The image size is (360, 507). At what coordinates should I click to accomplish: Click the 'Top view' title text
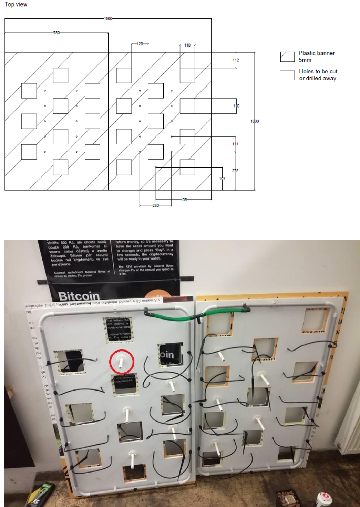[16, 4]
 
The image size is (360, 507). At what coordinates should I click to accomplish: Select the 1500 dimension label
[108, 18]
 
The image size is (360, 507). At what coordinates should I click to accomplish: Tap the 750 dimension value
[56, 33]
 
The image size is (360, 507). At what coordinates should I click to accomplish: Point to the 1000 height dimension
[255, 121]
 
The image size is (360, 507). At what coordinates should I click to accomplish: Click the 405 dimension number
[184, 200]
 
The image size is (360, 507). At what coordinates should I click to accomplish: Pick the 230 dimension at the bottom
[156, 206]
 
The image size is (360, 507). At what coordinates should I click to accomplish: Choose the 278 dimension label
[235, 171]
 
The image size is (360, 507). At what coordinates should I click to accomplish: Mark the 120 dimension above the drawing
[140, 44]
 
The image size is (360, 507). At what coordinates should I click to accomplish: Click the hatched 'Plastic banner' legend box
[287, 57]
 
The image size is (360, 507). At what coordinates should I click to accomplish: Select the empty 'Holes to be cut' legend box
[287, 75]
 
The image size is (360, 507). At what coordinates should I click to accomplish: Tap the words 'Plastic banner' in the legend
[316, 53]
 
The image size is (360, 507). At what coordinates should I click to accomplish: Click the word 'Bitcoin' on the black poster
[79, 296]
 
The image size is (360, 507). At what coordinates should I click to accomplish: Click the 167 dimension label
[222, 179]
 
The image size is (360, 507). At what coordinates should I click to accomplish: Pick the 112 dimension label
[236, 60]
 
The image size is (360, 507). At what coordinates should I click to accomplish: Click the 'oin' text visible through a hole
[167, 355]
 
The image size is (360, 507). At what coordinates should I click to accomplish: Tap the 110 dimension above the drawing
[187, 45]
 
